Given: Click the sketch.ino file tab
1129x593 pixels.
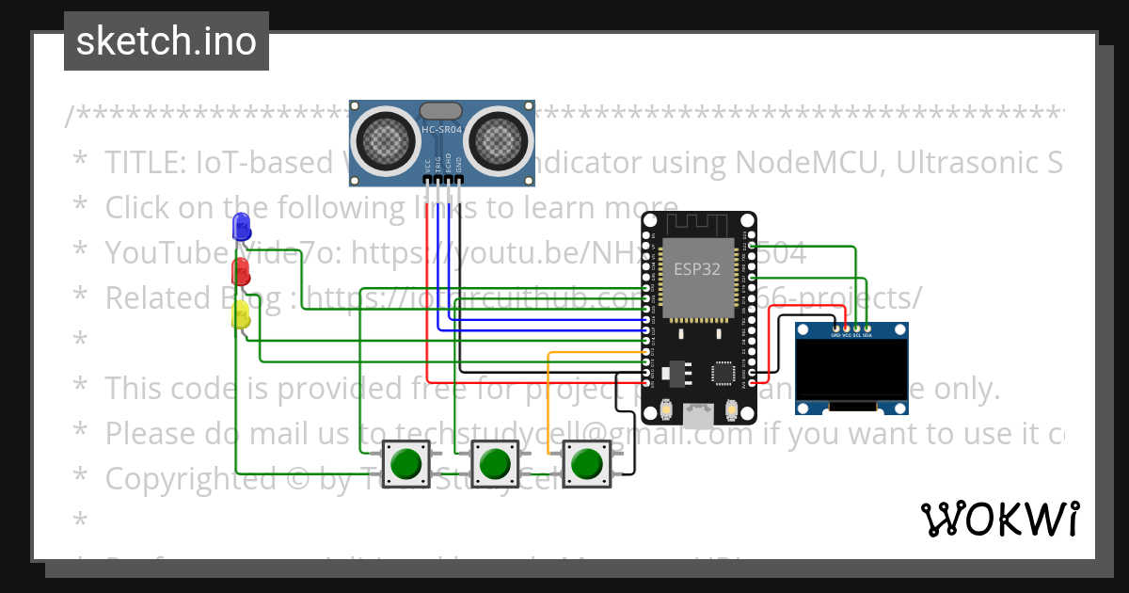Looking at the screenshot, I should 167,41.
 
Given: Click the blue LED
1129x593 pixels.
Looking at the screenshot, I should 242,226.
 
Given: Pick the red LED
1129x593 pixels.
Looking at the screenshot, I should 241,272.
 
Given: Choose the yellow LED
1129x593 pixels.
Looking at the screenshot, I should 241,315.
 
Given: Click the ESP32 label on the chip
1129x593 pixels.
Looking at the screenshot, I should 697,269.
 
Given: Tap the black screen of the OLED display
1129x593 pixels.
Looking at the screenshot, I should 851,369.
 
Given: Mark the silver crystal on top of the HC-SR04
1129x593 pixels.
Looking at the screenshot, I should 441,111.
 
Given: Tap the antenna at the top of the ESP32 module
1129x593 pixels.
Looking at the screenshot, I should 697,227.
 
